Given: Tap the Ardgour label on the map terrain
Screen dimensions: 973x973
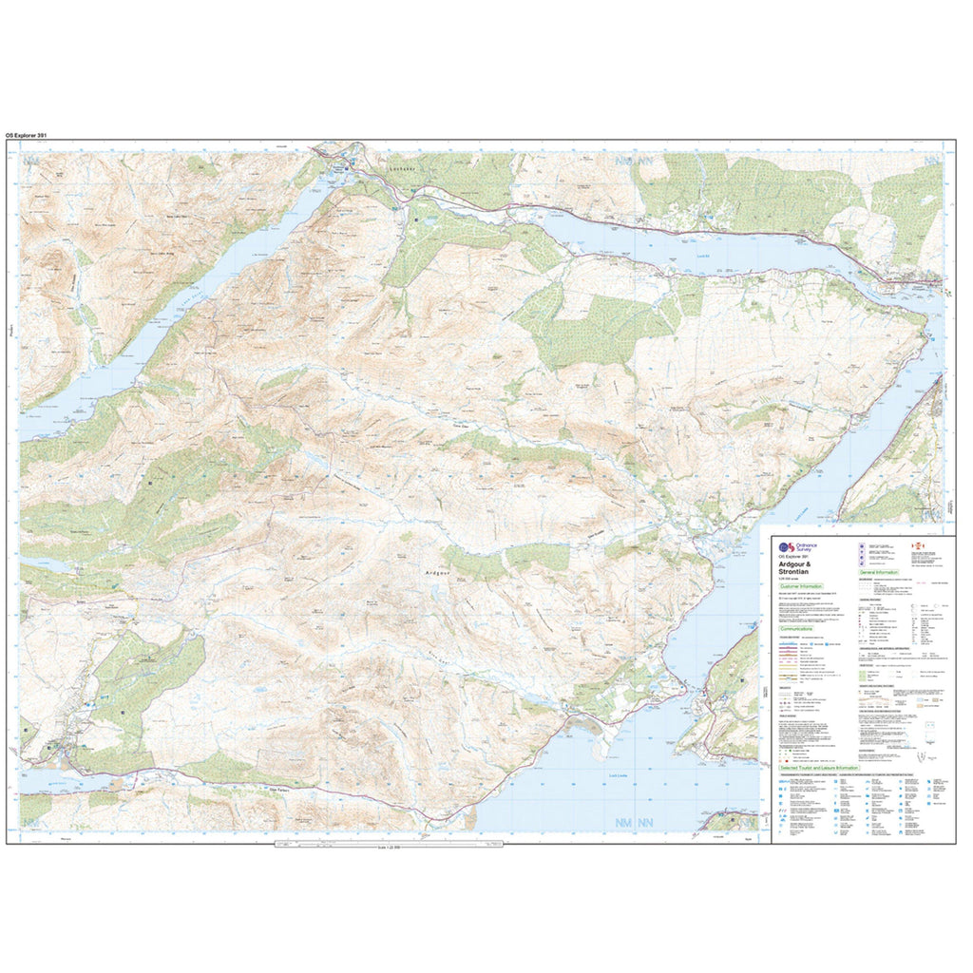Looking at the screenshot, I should pyautogui.click(x=435, y=573).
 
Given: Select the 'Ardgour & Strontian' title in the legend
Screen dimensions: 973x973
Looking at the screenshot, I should pyautogui.click(x=798, y=567).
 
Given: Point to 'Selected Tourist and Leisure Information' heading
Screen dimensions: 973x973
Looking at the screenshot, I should pyautogui.click(x=819, y=768).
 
